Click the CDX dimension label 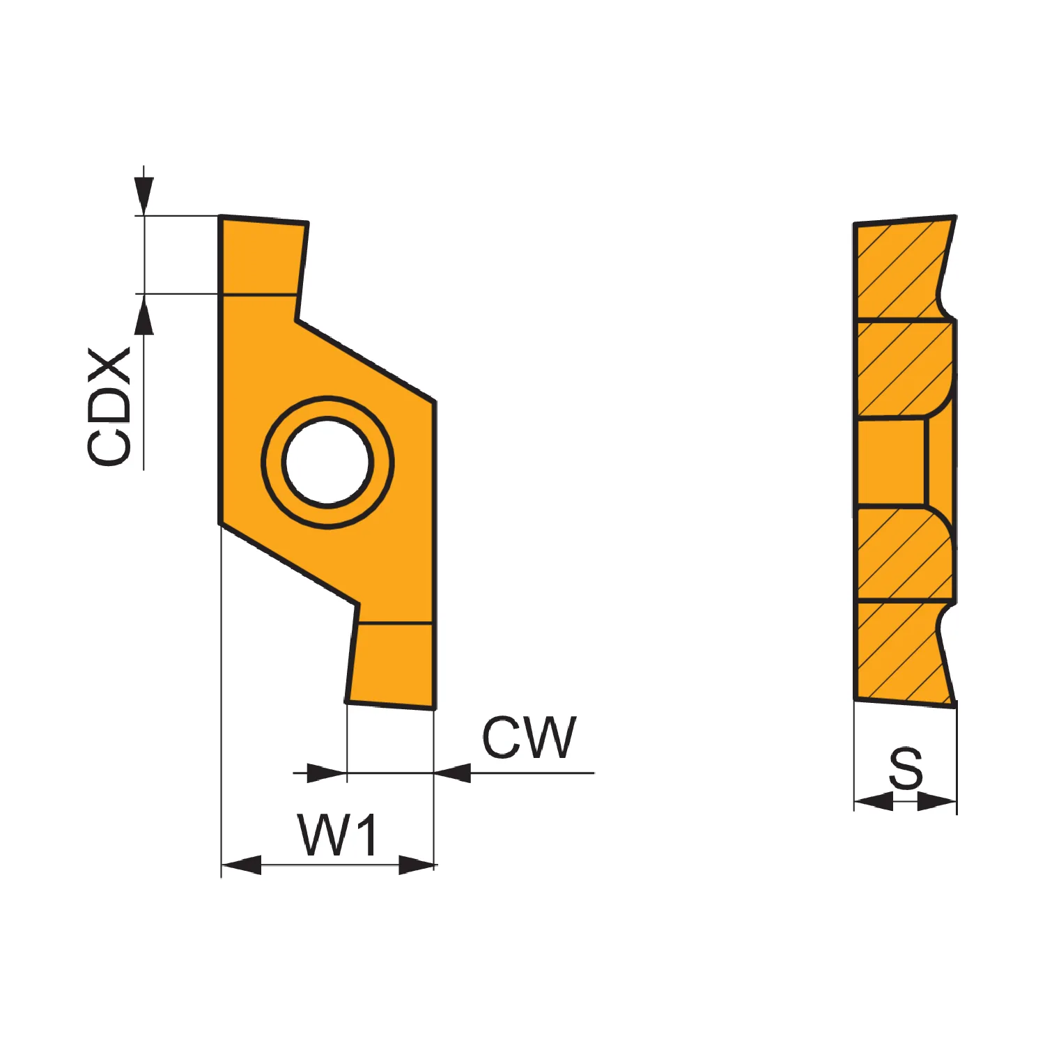point(109,406)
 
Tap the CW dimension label point(529,737)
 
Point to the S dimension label point(906,768)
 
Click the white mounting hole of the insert point(327,461)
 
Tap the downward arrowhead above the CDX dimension point(144,196)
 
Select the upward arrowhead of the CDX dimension point(144,315)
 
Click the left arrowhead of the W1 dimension point(241,865)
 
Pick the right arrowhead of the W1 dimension point(417,865)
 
